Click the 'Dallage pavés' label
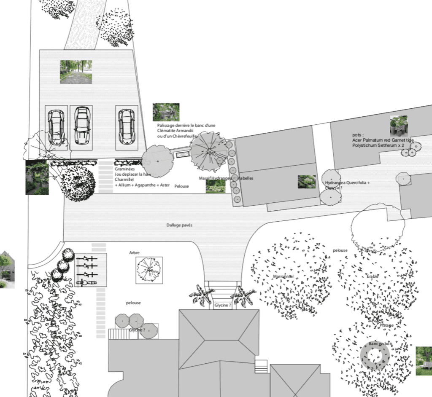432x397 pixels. click(179, 225)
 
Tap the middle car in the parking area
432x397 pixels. click(82, 125)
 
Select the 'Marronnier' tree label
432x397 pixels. click(283, 276)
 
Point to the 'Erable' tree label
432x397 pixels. click(373, 276)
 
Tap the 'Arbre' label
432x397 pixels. click(134, 253)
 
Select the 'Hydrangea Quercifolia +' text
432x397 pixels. click(347, 183)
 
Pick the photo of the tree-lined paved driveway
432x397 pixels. click(76, 72)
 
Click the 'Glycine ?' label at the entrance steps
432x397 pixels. click(223, 305)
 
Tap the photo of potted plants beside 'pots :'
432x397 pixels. click(398, 125)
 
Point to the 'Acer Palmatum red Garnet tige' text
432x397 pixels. click(383, 140)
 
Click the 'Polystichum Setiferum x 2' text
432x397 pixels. click(378, 145)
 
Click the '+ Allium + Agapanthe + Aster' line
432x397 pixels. click(142, 185)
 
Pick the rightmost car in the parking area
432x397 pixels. click(126, 126)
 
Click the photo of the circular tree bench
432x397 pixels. click(424, 361)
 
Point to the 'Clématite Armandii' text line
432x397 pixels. click(175, 131)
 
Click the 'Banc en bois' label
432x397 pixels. click(380, 344)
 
